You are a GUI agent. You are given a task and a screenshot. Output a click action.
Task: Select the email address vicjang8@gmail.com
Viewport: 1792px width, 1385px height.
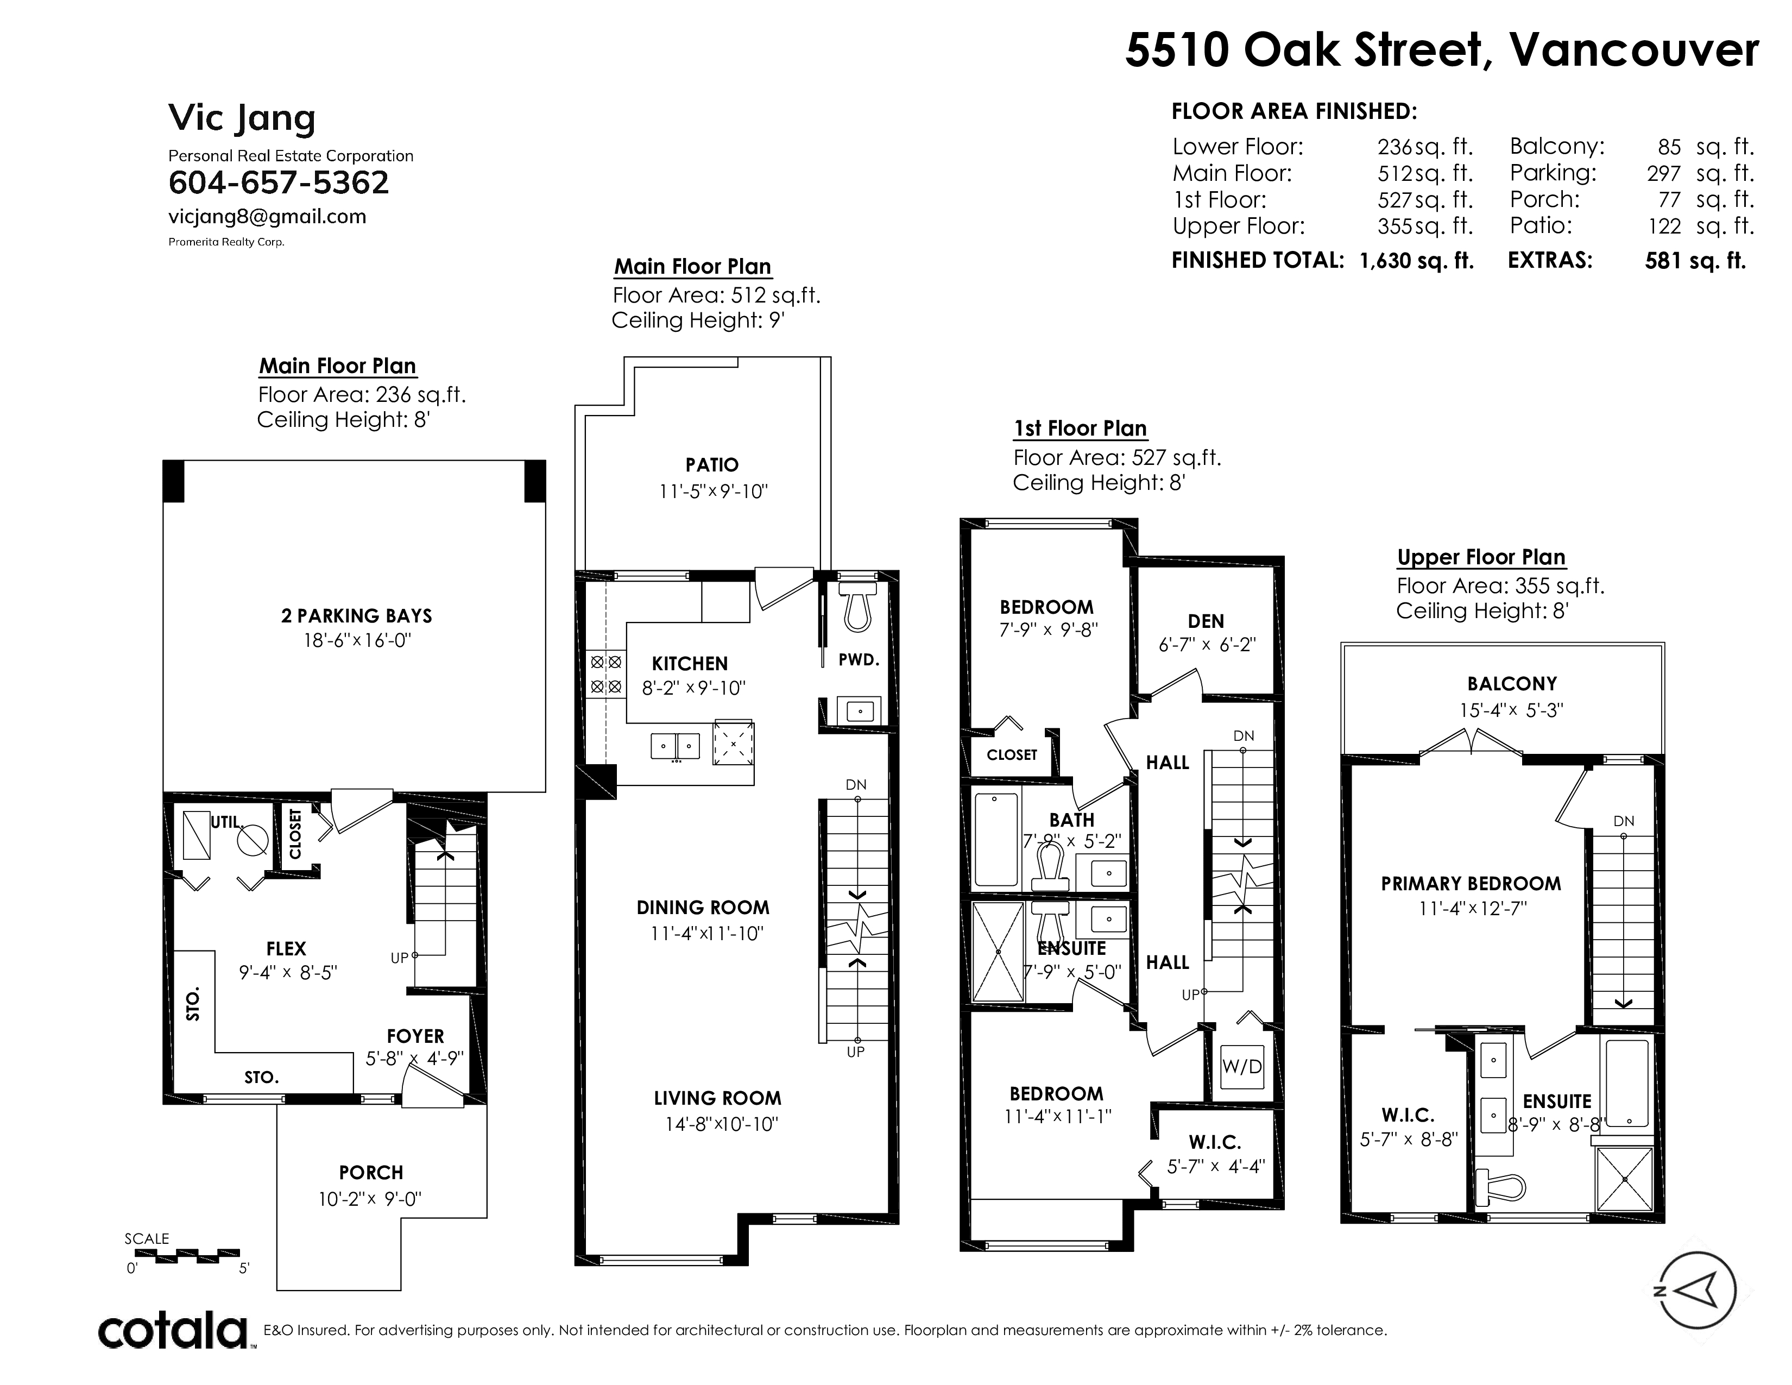tap(268, 217)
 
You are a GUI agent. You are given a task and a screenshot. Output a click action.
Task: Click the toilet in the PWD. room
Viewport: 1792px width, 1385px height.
tap(857, 607)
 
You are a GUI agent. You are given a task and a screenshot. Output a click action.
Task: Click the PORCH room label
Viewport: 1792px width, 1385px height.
tap(371, 1173)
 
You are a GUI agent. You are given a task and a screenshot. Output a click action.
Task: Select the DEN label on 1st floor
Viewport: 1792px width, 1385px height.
tap(1206, 621)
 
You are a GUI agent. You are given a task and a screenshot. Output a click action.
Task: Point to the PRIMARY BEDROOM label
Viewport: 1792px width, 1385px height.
tap(1471, 884)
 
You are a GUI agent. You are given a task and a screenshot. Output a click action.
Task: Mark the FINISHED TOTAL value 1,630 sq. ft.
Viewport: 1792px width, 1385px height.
tap(1417, 261)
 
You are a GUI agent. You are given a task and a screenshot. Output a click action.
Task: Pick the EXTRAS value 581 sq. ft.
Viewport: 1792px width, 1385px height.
tap(1695, 261)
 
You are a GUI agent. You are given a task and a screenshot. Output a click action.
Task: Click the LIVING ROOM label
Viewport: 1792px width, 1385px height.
tap(717, 1098)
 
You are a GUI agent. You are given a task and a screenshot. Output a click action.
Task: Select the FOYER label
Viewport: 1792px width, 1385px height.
tap(415, 1036)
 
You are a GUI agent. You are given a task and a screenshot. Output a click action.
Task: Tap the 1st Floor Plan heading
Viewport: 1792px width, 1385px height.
tap(1080, 429)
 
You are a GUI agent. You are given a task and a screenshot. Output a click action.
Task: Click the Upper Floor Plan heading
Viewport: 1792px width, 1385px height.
tap(1481, 557)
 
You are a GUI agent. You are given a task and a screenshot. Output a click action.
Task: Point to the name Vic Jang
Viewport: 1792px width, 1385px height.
tap(242, 119)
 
